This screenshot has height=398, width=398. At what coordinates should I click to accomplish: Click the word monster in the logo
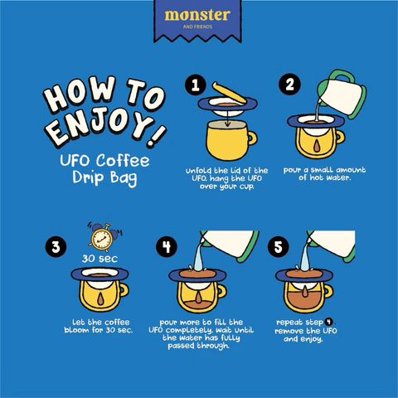coord(197,16)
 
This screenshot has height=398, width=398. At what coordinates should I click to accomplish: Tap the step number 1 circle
coord(196,85)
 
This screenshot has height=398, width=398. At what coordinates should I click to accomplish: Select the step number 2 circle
coord(289,84)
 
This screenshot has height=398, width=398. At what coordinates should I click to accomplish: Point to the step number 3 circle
coord(56,246)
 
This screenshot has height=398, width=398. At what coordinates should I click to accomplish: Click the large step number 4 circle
coord(167,246)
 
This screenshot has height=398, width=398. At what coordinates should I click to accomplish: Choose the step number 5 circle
coord(278,246)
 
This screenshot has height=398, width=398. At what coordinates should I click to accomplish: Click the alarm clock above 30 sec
coord(103,237)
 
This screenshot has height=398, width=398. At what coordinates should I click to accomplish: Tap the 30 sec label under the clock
coord(99,259)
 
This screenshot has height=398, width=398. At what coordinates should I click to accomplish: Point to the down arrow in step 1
coord(227,117)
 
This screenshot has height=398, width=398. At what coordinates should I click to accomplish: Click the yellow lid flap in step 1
coord(229,93)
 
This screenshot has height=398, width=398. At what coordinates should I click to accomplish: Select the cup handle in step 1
coord(252,138)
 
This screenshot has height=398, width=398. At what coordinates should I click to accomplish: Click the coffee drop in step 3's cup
coord(100,299)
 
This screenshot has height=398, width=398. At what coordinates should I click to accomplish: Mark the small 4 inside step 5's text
coord(328,322)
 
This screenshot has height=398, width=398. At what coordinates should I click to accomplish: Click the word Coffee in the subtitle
coord(123,160)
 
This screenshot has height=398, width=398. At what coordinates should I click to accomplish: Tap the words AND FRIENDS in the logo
coord(197,27)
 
